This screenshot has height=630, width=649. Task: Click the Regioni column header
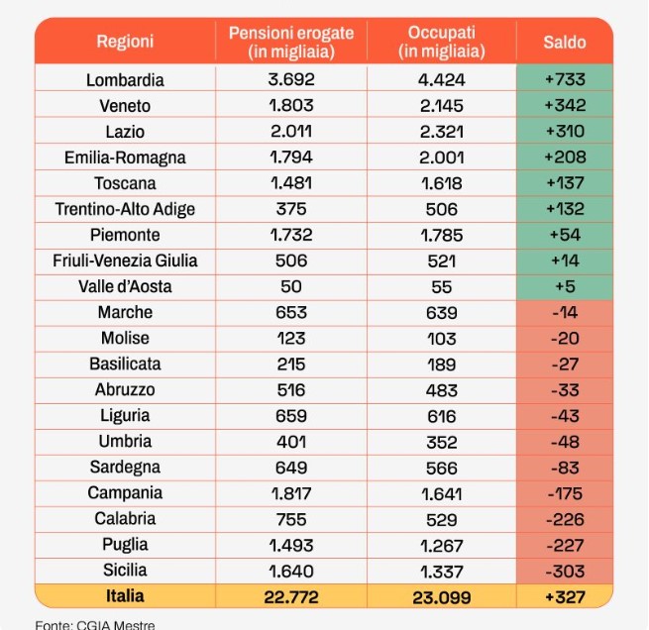point(125,42)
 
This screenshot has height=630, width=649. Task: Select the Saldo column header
point(565,43)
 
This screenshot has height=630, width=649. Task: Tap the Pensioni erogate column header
point(291,43)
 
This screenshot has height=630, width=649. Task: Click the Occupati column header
point(442,43)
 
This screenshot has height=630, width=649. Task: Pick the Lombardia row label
point(125,80)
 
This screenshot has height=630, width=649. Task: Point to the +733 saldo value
point(565,79)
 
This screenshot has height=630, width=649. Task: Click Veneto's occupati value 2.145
point(442,106)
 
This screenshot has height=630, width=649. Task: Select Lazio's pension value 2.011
point(291,132)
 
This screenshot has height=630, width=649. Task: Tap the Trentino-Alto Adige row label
point(125,209)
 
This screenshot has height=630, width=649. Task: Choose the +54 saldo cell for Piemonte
point(565,235)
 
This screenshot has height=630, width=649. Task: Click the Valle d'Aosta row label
point(125,286)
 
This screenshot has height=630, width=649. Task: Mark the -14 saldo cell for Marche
point(565,312)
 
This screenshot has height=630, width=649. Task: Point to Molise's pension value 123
point(291,339)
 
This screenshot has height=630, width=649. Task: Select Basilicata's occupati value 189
point(442,365)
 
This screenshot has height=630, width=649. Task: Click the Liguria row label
point(125,416)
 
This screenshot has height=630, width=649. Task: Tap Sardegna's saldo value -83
point(565,468)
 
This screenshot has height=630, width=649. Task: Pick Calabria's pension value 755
point(291,520)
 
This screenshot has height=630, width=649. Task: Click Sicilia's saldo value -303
point(565,572)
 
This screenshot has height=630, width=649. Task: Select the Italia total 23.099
point(442,597)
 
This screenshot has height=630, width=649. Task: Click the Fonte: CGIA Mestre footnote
point(95,625)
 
